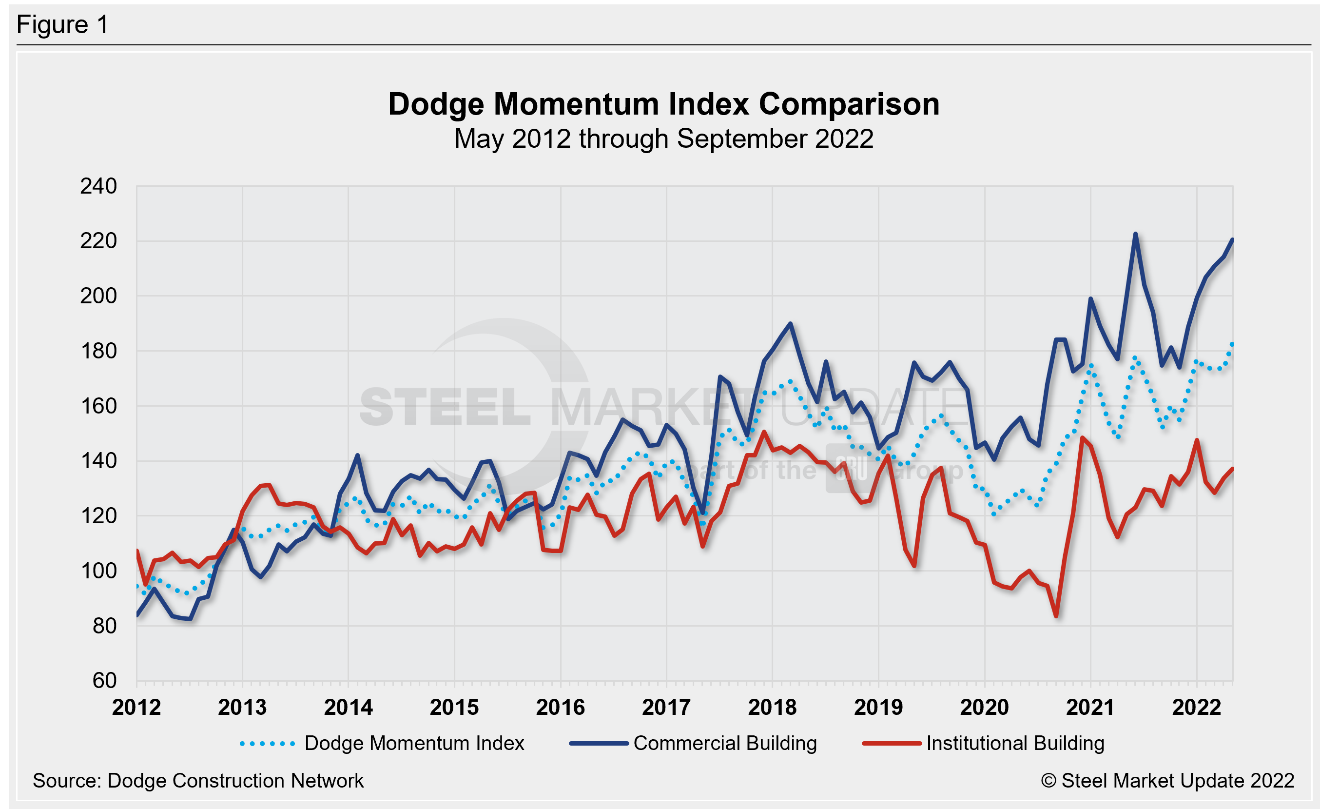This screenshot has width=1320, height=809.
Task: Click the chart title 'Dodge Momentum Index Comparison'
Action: coord(664,104)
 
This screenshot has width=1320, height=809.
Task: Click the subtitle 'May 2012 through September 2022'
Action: coord(664,139)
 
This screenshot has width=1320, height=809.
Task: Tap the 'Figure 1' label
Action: coord(63,25)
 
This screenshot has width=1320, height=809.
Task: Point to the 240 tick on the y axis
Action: coord(98,186)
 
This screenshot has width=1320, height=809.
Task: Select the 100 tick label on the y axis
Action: coord(98,571)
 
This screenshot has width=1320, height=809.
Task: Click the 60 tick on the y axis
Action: coord(104,680)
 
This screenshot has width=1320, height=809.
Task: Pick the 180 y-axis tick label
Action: coord(98,351)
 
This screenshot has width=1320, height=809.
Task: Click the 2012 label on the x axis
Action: coord(136,707)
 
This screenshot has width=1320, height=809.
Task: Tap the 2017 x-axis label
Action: coord(666,707)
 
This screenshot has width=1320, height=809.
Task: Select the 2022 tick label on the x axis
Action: coord(1196,707)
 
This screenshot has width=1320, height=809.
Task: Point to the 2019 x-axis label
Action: coord(878,707)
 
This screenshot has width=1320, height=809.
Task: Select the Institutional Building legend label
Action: coord(1016,743)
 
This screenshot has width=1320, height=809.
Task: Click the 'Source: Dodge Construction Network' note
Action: coord(198,781)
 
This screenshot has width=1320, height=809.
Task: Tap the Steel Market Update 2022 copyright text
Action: coord(1168,781)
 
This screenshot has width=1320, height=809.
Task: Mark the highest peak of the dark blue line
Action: coord(1135,234)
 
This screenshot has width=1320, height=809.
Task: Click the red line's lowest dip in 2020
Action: coord(1056,616)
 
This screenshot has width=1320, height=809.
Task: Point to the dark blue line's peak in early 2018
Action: coord(791,324)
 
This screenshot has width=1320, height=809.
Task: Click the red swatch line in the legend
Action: coord(892,744)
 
